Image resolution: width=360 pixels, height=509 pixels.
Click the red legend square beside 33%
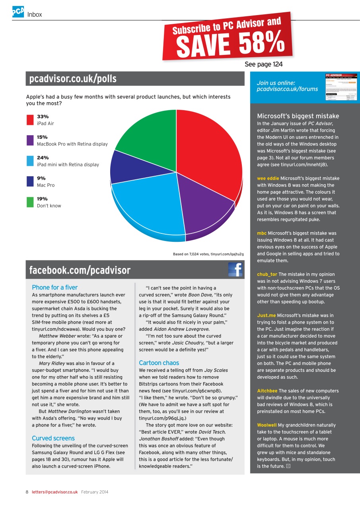(30, 120)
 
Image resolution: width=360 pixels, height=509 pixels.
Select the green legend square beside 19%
(30, 202)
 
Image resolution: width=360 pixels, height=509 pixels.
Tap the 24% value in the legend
(43, 158)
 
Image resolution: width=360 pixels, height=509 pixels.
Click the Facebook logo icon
(235, 270)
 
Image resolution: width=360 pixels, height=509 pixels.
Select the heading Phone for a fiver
(54, 288)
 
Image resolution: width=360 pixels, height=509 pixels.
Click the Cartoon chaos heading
(159, 363)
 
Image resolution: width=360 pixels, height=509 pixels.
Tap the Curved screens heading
(53, 438)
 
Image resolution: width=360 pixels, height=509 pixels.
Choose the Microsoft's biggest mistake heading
(298, 116)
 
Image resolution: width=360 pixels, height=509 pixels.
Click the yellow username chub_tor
(267, 274)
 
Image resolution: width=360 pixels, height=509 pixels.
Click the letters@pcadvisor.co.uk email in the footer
(54, 492)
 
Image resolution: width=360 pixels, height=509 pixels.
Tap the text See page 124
(263, 64)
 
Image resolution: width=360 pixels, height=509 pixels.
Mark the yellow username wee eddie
(268, 178)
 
